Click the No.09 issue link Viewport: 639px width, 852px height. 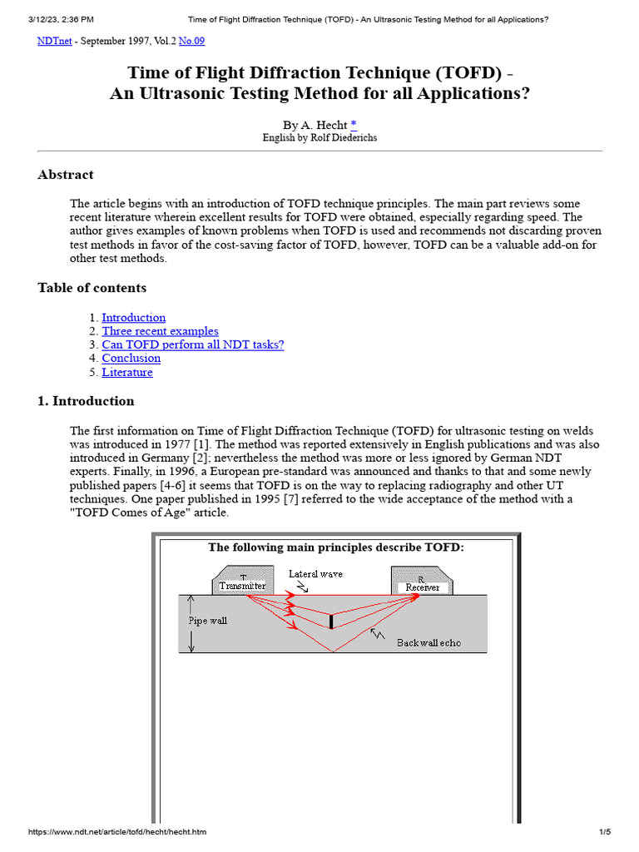click(192, 39)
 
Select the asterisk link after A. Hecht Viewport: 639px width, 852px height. click(354, 124)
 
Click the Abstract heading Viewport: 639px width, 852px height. click(66, 175)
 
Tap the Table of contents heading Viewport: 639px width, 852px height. click(92, 288)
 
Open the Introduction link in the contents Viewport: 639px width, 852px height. click(133, 317)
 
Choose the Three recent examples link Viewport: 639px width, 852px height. click(160, 331)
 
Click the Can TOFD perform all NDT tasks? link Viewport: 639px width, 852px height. click(192, 344)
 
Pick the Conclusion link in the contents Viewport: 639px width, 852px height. click(131, 359)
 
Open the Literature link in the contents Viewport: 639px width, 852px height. click(127, 372)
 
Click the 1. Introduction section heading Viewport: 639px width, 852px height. click(86, 401)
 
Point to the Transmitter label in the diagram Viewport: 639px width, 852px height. click(242, 586)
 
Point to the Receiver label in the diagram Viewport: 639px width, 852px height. click(422, 587)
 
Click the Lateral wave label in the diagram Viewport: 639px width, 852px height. click(315, 574)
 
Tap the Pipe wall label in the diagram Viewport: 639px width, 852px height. click(207, 621)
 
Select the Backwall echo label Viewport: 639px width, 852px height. click(428, 642)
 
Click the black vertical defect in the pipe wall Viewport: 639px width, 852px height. click(331, 622)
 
